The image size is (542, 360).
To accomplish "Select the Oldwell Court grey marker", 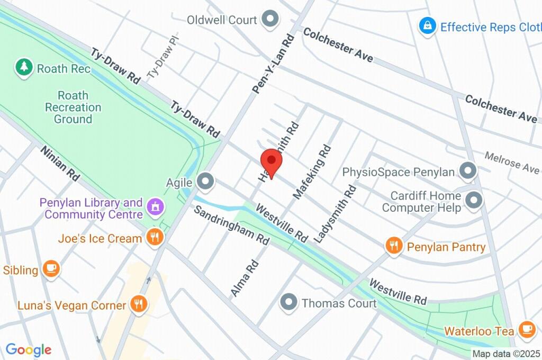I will tap(271, 20).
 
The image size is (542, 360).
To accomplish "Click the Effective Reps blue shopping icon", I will tap(427, 26).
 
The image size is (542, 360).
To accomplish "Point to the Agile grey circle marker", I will tap(205, 182).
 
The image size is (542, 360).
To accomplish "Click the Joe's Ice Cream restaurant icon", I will tap(155, 238).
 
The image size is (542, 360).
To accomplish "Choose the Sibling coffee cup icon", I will tap(51, 269).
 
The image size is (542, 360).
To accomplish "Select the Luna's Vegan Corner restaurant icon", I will tap(139, 304).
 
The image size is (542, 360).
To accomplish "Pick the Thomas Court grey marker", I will tap(288, 303).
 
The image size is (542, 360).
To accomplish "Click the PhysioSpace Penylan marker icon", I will tap(467, 172).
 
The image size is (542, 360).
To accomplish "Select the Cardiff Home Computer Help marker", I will tap(473, 200).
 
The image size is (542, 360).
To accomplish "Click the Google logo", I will tap(29, 349).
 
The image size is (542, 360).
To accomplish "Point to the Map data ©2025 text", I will tap(506, 354).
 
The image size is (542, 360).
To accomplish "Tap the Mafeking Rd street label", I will tap(312, 172).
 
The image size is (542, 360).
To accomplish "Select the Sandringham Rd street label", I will tap(231, 224).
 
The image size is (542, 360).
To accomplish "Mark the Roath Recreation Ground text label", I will tap(73, 107).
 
